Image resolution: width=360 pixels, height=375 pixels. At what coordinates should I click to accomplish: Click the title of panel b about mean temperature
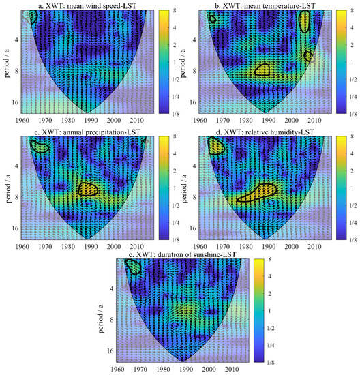266,5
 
